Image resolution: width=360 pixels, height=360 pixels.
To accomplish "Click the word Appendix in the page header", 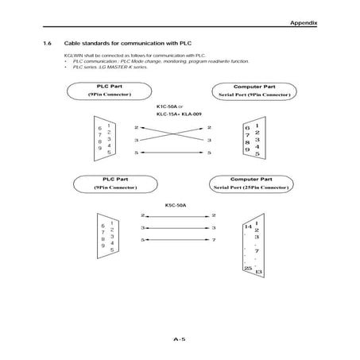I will tap(303, 24).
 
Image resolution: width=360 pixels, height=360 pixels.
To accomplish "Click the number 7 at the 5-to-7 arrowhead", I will tap(213, 240).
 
